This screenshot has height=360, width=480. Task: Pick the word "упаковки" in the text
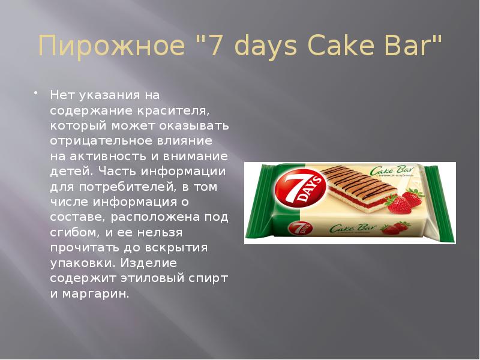82,263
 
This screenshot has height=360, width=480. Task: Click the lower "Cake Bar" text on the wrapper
349,228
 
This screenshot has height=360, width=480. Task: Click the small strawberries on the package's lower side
396,228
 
